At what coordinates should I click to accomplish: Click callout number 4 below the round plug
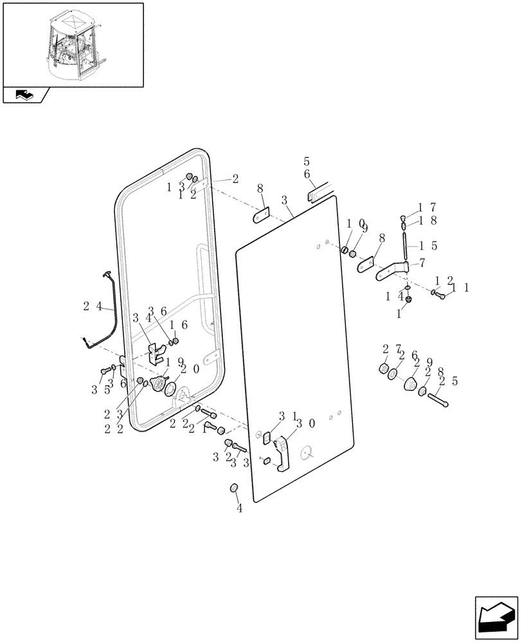coord(239,508)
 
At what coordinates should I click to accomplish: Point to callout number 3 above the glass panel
coord(283,201)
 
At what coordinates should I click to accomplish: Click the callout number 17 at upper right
coord(429,207)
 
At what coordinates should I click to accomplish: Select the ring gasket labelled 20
coord(170,389)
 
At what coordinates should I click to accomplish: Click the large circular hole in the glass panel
coord(308,453)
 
